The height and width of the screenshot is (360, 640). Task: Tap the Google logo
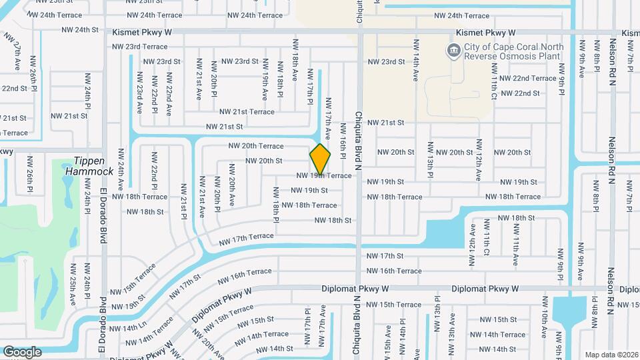pos(22,352)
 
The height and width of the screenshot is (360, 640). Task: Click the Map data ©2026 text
pos(611,355)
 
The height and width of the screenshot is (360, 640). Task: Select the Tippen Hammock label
pos(89,166)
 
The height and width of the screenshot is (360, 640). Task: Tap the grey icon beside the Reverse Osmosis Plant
pos(453,50)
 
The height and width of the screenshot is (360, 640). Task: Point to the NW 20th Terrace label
pos(256,146)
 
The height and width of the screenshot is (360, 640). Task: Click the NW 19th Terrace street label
pos(324,175)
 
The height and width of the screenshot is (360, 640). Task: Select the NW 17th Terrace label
pos(247,237)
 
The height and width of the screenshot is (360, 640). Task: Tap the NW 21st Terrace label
pos(247,112)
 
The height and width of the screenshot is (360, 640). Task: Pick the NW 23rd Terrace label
pos(140,47)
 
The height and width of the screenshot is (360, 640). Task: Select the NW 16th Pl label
pos(343,141)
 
